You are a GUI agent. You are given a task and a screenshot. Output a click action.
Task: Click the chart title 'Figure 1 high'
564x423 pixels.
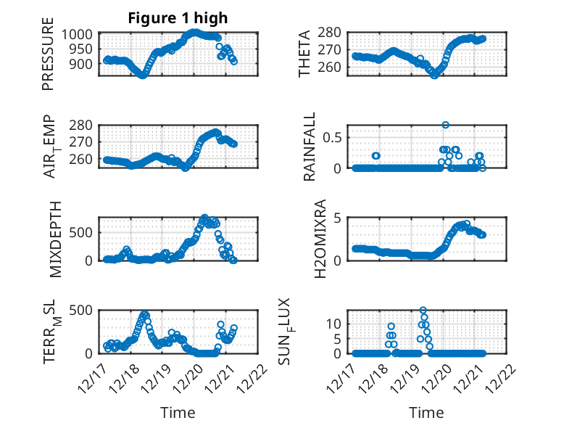click(178, 18)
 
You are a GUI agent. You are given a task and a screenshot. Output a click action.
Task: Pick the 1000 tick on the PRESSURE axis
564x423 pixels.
click(76, 34)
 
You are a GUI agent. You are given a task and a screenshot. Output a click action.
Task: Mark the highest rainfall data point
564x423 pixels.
click(445, 125)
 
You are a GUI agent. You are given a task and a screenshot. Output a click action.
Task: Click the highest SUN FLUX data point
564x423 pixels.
click(423, 311)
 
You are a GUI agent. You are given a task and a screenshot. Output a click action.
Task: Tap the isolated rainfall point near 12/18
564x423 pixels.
click(376, 155)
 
